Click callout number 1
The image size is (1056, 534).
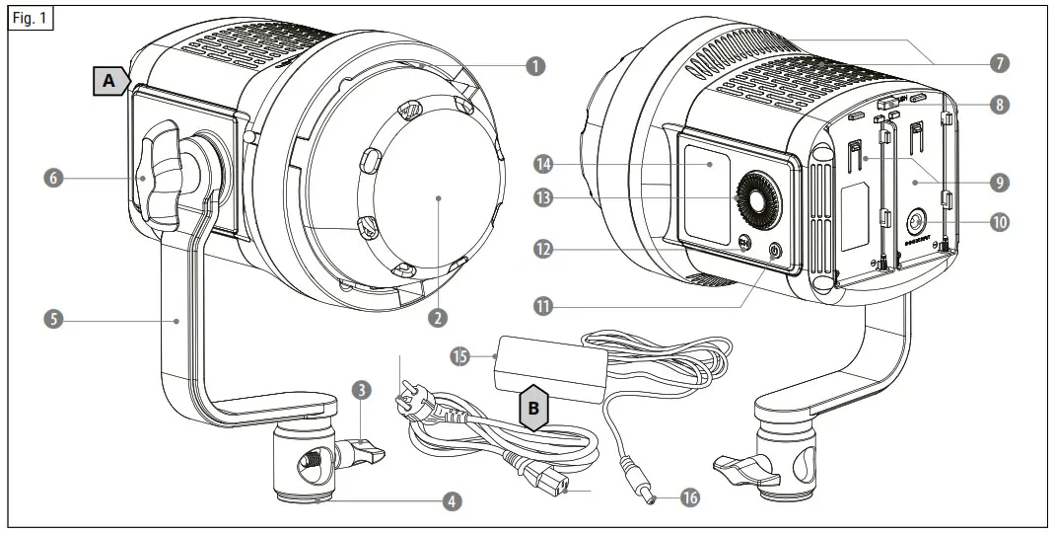point(534,66)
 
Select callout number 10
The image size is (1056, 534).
point(1000,223)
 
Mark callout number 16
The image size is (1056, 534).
point(689,499)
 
